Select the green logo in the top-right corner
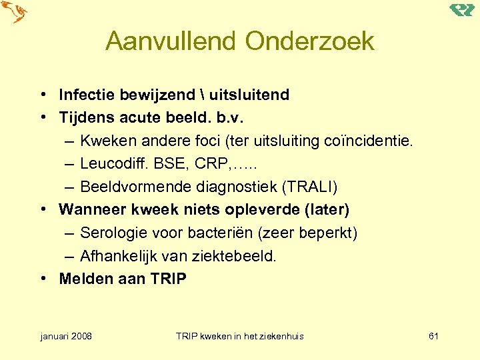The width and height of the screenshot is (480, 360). (461, 9)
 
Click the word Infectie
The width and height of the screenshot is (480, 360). (84, 95)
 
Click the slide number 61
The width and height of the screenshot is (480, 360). (433, 336)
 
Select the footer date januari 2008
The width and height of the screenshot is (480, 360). (66, 336)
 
